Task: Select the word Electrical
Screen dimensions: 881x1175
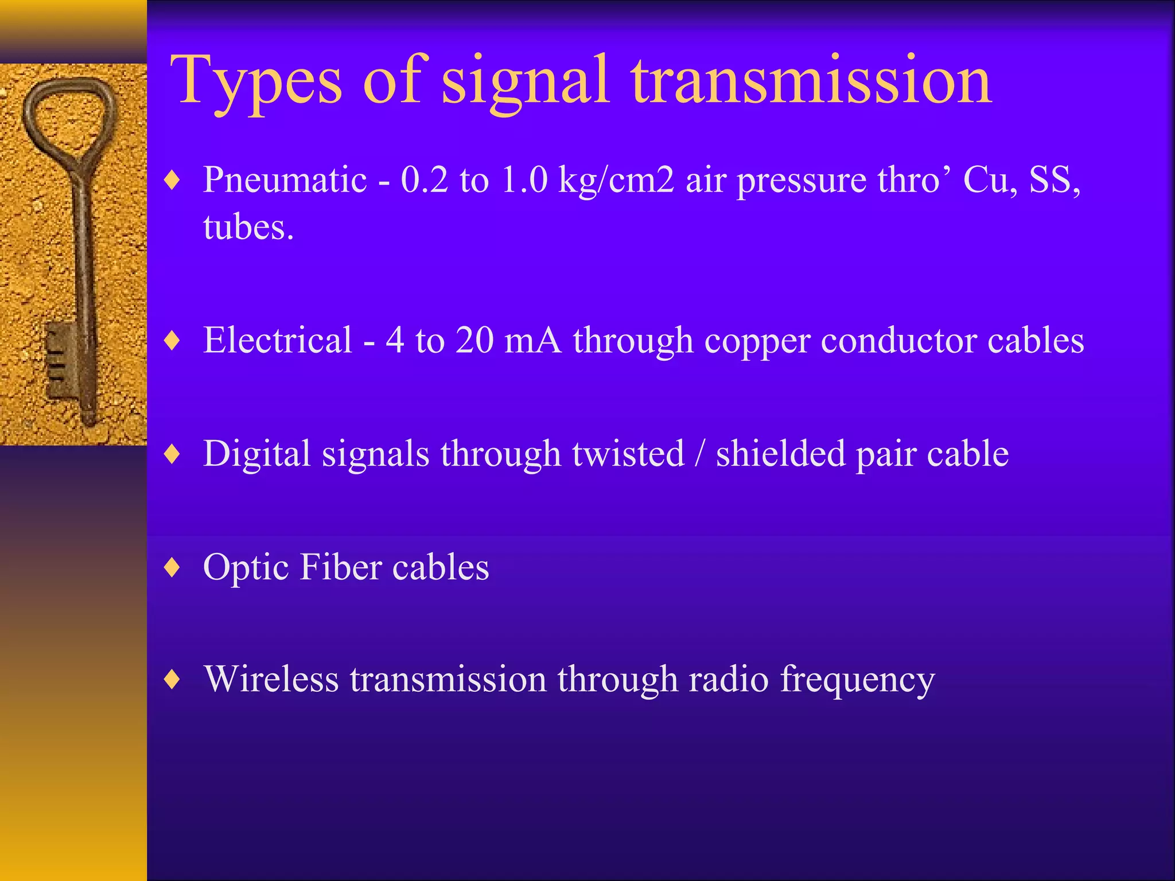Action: [278, 340]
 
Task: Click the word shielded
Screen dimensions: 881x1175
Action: [780, 453]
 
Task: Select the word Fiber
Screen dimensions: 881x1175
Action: [341, 567]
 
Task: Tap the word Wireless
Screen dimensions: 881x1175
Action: [271, 679]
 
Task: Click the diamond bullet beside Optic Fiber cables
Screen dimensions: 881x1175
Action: [172, 567]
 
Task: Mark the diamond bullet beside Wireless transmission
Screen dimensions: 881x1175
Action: [172, 680]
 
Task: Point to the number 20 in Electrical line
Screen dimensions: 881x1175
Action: [474, 340]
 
